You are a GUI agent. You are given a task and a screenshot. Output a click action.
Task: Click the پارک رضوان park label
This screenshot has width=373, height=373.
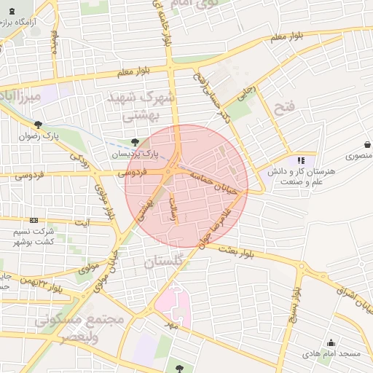tap(38, 136)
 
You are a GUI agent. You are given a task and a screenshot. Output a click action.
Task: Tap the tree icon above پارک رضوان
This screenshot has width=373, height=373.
tap(38, 125)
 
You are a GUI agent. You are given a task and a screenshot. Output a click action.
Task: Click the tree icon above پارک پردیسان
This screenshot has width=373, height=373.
tap(133, 143)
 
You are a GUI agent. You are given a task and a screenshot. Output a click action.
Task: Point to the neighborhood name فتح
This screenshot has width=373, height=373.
tap(283, 109)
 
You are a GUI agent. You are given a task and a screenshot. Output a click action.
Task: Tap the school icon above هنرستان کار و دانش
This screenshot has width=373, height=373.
tap(301, 160)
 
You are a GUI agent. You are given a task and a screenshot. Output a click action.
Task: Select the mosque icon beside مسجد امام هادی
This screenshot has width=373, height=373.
tap(331, 343)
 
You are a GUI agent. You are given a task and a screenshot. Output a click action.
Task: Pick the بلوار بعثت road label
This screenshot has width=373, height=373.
tap(232, 249)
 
